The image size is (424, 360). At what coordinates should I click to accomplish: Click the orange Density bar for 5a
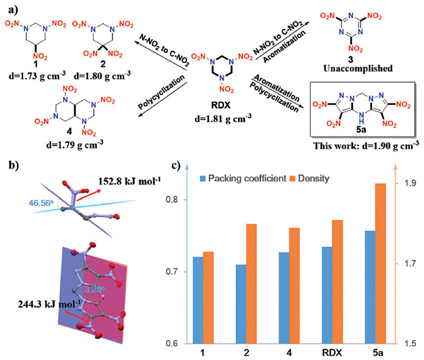[x=380, y=264]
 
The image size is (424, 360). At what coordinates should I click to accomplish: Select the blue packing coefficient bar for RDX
[x=327, y=295]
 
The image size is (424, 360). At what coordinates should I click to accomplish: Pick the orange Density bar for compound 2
[x=251, y=284]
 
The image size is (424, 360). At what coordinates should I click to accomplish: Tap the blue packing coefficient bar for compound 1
[x=198, y=301]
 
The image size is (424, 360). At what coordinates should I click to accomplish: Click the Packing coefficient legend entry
[x=243, y=179]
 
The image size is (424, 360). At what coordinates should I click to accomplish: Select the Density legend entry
[x=310, y=179]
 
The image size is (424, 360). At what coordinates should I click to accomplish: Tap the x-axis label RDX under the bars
[x=332, y=353]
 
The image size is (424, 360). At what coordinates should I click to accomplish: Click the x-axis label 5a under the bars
[x=378, y=353]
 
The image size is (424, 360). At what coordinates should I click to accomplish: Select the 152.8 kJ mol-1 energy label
[x=129, y=181]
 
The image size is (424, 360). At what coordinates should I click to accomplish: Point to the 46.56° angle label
[x=41, y=202]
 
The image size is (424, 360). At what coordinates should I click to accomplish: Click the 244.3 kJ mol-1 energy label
[x=49, y=304]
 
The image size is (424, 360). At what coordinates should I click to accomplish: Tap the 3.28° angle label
[x=94, y=290]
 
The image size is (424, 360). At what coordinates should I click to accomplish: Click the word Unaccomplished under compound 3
[x=358, y=68]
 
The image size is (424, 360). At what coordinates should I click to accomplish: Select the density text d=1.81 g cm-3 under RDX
[x=223, y=118]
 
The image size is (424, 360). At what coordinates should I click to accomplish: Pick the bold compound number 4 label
[x=70, y=132]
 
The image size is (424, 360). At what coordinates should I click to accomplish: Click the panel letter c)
[x=176, y=165]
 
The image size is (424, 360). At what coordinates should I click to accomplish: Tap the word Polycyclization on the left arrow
[x=162, y=92]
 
